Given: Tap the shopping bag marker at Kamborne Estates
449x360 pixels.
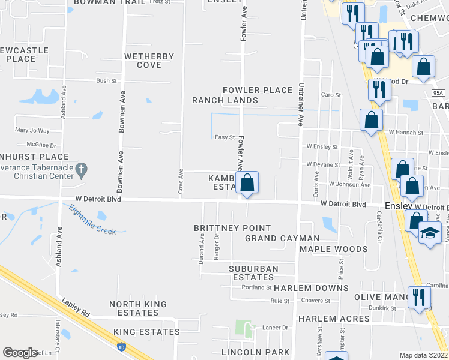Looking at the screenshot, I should (247, 182).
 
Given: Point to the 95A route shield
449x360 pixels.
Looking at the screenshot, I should (438, 92).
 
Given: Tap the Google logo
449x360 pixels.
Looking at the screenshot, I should (20, 353).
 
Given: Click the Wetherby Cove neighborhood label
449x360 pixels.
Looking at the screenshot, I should (149, 61).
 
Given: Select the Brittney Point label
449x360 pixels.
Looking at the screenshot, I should (232, 228).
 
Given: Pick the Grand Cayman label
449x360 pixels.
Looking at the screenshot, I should (282, 238).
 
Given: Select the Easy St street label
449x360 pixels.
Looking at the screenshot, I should (224, 137).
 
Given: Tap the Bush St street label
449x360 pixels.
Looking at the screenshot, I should (106, 80).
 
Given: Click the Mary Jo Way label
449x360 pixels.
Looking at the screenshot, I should (32, 130).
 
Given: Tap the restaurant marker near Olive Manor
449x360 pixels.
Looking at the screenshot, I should (419, 296).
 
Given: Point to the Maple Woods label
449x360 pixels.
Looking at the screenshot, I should (333, 249).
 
